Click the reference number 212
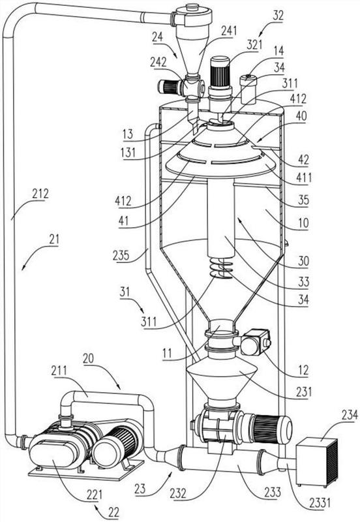coord(40,194)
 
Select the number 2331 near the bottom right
coord(320,502)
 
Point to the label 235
coord(121,255)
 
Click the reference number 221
coord(94,495)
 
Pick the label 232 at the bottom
coord(178,493)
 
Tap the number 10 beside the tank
coord(303,223)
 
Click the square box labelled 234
coord(317,461)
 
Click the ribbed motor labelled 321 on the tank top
coord(220,72)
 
